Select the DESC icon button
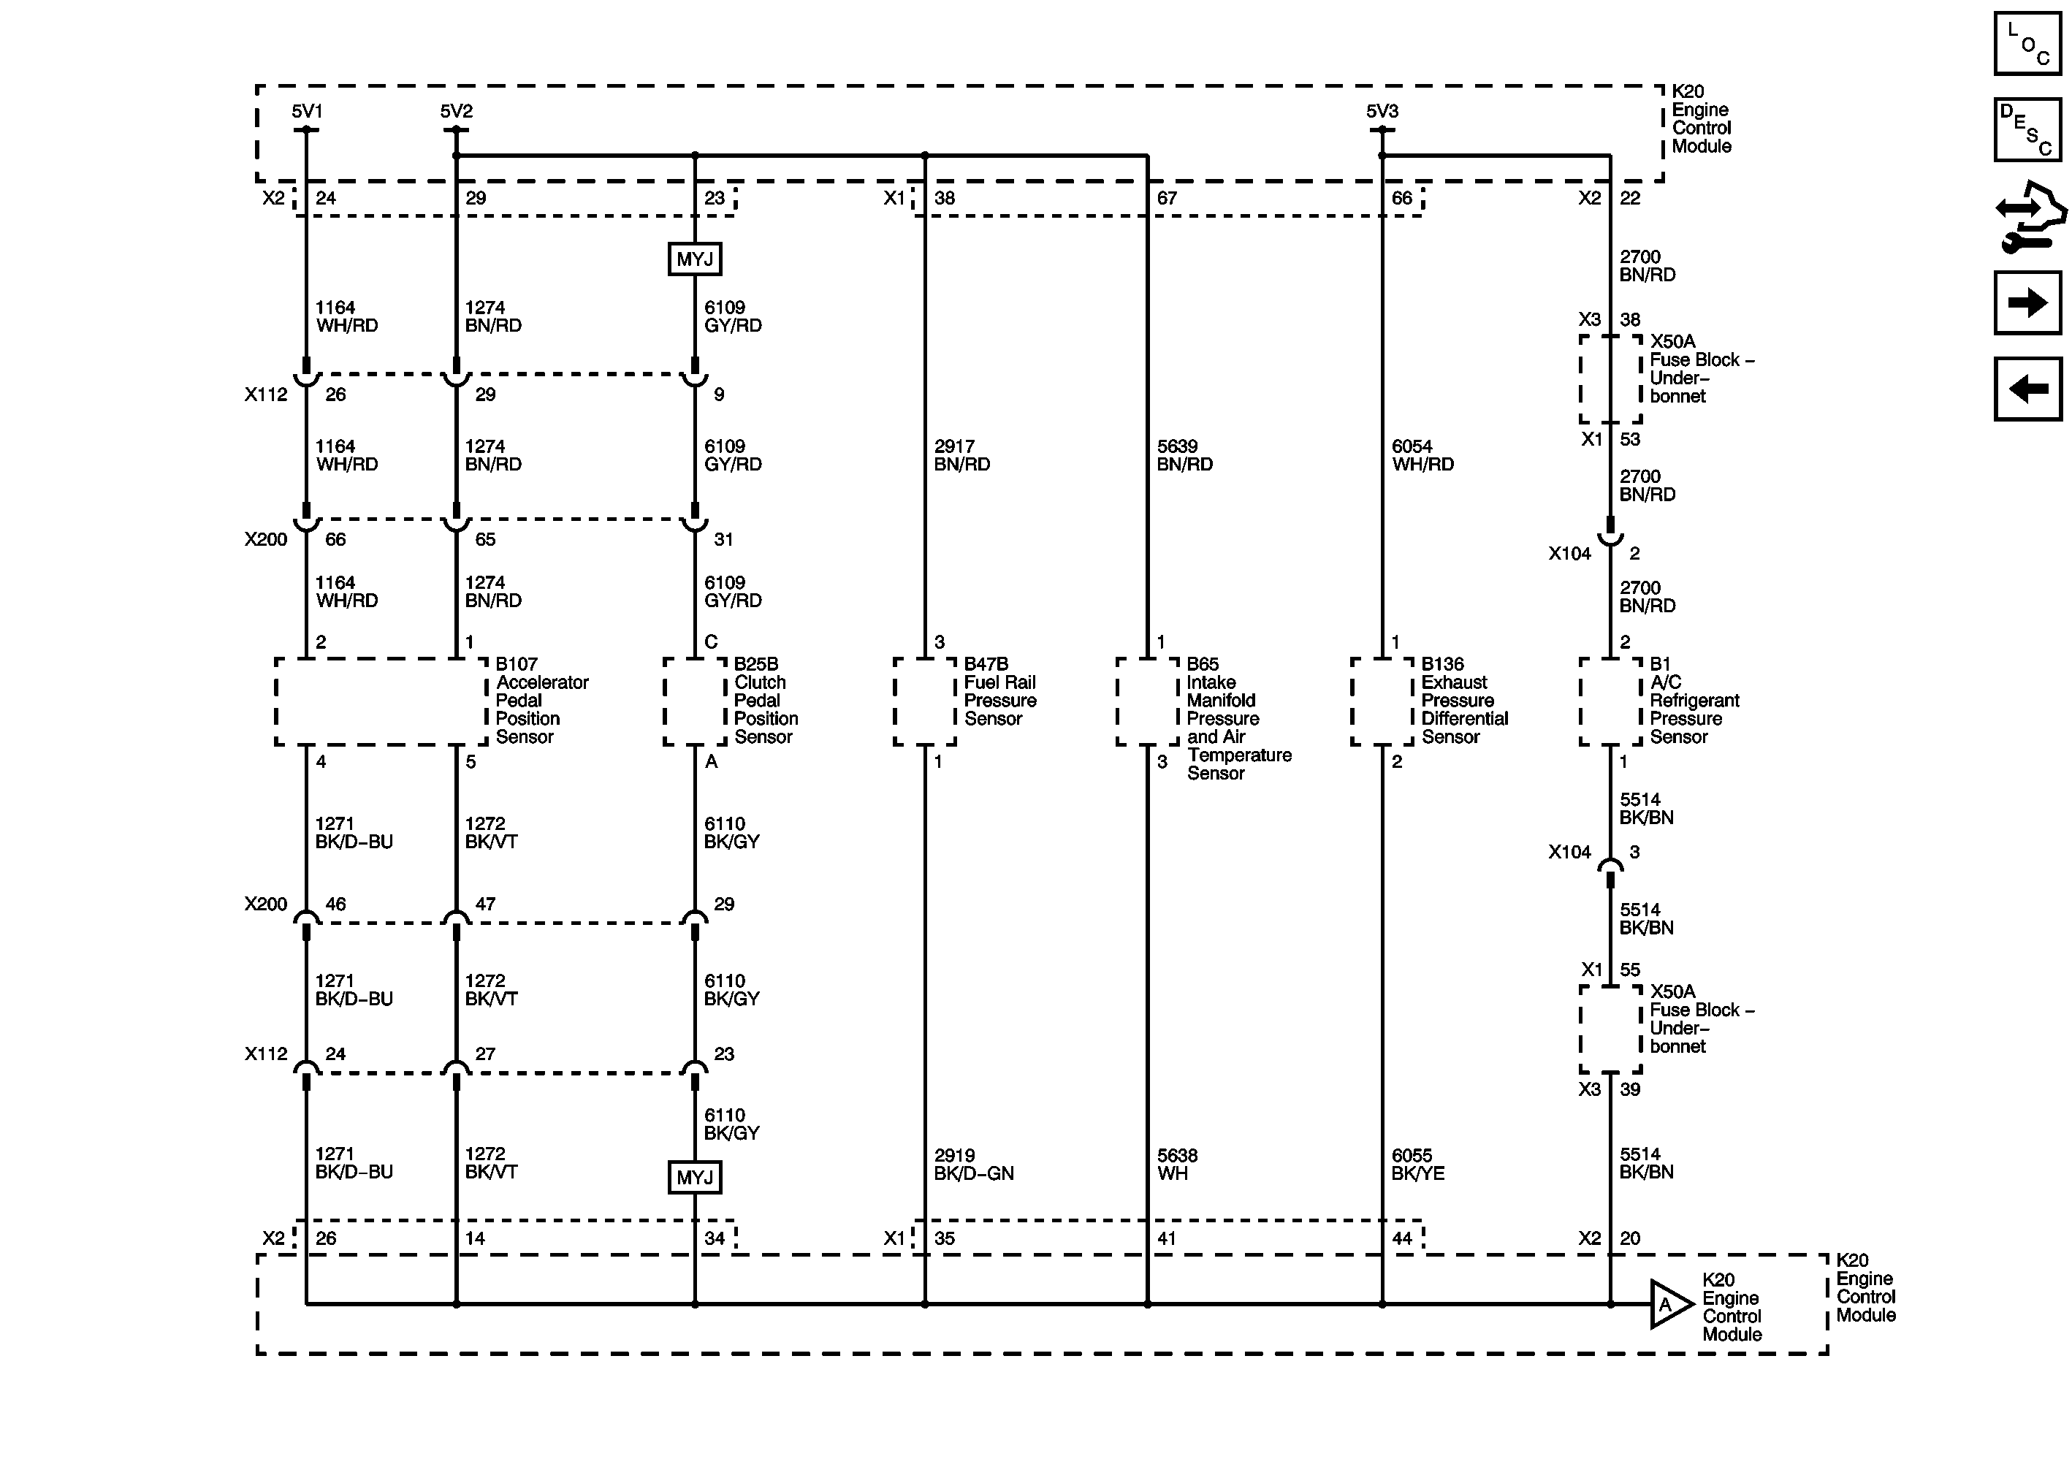(2027, 131)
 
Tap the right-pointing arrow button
(2027, 302)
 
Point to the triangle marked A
(1669, 1305)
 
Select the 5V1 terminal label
(307, 112)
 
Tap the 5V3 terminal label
(1382, 112)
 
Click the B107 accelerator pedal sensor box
(381, 702)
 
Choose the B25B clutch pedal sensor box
(694, 702)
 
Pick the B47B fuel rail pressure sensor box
(924, 702)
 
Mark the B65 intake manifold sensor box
(1147, 702)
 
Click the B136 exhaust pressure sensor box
(1382, 702)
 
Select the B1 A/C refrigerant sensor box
(1610, 702)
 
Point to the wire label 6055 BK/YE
(1417, 1165)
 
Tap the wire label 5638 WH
(1178, 1165)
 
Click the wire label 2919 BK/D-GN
(974, 1165)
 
